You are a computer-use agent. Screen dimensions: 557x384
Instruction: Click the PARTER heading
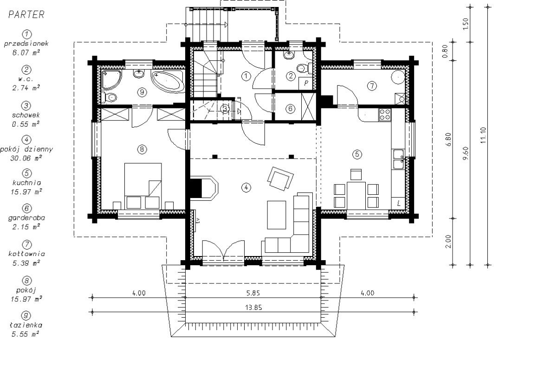click(26, 15)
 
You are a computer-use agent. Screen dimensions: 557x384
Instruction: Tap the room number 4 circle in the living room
click(246, 187)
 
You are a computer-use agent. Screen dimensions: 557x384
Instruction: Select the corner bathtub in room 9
click(168, 82)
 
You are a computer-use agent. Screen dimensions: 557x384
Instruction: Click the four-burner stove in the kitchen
click(385, 115)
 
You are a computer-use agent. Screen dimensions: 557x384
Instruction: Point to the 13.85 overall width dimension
click(253, 307)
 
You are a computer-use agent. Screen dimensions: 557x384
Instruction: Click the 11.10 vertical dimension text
click(483, 135)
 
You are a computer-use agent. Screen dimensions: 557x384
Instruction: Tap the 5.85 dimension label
click(253, 293)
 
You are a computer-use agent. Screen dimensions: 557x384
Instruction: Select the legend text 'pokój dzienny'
click(26, 149)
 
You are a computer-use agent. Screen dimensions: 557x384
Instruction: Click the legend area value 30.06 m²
click(26, 158)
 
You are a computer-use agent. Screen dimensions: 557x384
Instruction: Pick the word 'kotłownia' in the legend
click(26, 254)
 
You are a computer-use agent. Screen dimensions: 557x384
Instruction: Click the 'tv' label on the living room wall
click(198, 221)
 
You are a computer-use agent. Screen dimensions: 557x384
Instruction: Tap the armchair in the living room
click(280, 179)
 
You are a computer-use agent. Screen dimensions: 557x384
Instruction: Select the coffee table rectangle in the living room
click(277, 215)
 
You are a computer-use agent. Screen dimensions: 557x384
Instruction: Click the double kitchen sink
click(398, 159)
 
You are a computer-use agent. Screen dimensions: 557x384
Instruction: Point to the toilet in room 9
click(109, 97)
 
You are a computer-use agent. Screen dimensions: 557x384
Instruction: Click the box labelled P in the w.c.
click(306, 83)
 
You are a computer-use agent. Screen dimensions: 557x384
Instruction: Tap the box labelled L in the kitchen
click(398, 204)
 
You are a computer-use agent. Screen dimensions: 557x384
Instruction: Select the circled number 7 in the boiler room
click(372, 86)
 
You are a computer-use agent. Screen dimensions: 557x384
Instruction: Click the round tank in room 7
click(398, 77)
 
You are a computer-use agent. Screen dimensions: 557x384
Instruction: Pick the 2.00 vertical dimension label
click(448, 242)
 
